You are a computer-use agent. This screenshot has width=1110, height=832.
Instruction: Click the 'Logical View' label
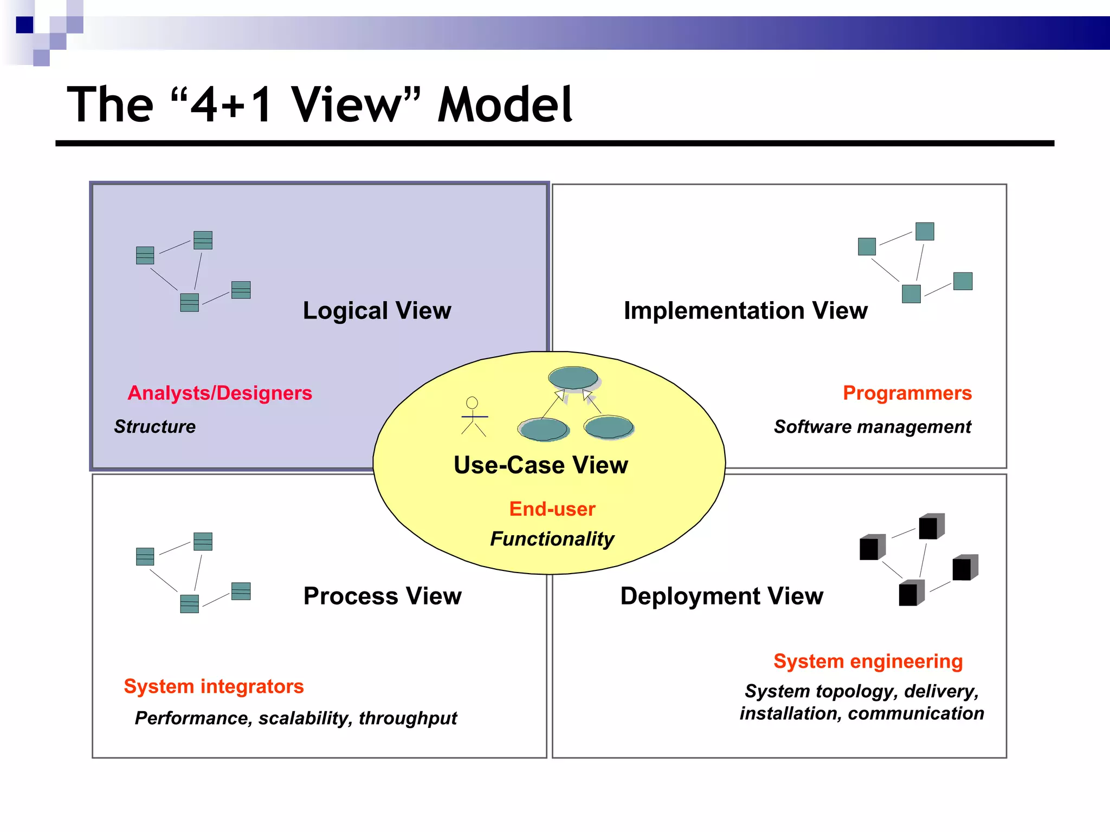tap(377, 311)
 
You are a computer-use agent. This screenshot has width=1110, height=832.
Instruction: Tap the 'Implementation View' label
tap(745, 311)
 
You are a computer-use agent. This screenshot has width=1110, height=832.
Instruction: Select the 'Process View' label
tap(382, 596)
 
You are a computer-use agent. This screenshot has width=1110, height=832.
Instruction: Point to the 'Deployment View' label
tap(721, 596)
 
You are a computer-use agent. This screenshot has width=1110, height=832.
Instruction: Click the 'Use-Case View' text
tap(540, 465)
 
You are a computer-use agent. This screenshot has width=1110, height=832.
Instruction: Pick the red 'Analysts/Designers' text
tap(220, 393)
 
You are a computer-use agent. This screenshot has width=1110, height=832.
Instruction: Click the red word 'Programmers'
tap(907, 393)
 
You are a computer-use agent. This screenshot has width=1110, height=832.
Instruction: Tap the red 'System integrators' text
tap(214, 686)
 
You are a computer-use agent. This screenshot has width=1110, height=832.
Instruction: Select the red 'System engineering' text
tap(868, 661)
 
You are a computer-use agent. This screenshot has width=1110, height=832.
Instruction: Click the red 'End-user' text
tap(552, 509)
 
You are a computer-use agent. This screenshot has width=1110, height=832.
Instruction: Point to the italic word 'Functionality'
tap(552, 539)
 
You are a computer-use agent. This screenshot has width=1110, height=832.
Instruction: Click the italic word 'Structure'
tap(154, 427)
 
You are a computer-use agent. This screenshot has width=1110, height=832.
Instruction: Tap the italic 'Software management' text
tap(872, 427)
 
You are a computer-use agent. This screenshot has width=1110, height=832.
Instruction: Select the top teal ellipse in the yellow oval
tap(573, 378)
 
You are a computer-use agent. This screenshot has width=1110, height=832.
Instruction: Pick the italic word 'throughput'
tap(408, 718)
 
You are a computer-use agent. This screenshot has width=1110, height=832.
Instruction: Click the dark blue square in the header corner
tap(24, 25)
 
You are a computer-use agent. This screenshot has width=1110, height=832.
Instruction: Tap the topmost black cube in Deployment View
tap(931, 526)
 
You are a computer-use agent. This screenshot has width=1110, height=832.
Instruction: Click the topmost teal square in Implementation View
tap(925, 231)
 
